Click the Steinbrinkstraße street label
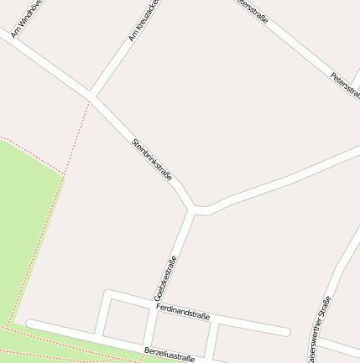152,159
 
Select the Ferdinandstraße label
182,312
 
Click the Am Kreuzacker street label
142,21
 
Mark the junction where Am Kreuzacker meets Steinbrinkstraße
90,96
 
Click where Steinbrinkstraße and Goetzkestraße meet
195,210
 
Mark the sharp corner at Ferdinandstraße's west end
107,293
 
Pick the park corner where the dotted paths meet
63,175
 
